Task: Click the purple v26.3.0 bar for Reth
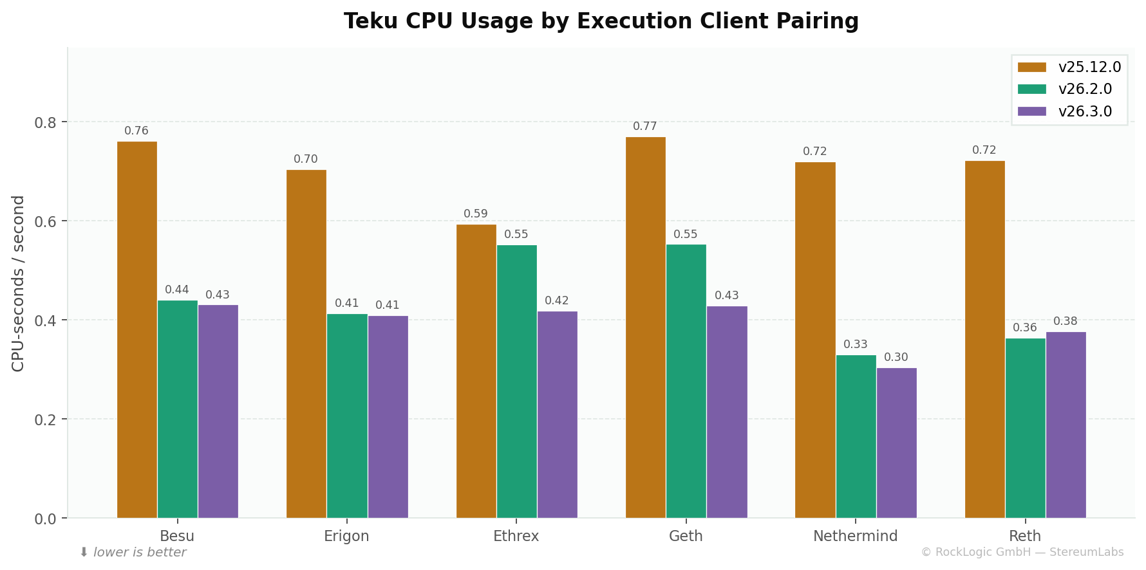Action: [x=1066, y=425]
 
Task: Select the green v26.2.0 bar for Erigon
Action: [x=347, y=416]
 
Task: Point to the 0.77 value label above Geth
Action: [x=644, y=127]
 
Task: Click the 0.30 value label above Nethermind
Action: [x=896, y=358]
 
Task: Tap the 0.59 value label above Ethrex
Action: [x=476, y=214]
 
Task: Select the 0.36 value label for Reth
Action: [x=1024, y=328]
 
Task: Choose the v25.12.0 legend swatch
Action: [x=1031, y=68]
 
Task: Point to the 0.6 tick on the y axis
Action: [x=46, y=221]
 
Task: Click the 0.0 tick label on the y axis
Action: [x=46, y=519]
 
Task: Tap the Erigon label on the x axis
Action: [x=346, y=537]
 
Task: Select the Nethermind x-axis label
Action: [x=855, y=537]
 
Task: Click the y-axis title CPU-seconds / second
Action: [x=18, y=283]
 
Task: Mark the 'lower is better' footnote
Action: [x=139, y=553]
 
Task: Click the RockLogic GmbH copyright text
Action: [x=1022, y=553]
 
